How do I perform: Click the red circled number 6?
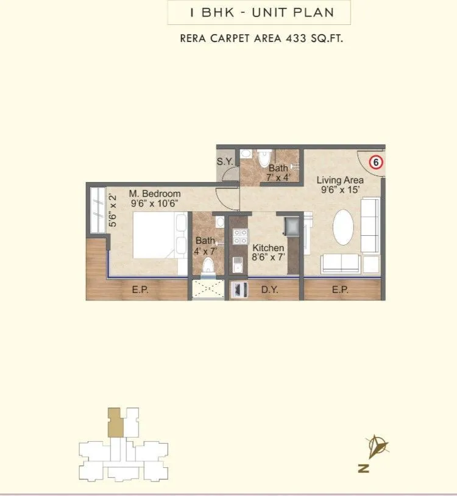pyautogui.click(x=376, y=162)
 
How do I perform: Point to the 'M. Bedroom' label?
pyautogui.click(x=154, y=194)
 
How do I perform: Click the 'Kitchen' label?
pyautogui.click(x=268, y=248)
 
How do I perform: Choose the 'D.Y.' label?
pyautogui.click(x=269, y=290)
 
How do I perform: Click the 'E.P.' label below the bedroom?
pyautogui.click(x=140, y=290)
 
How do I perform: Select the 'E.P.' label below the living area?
pyautogui.click(x=340, y=290)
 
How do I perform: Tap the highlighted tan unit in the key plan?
pyautogui.click(x=115, y=422)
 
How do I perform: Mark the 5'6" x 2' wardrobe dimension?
pyautogui.click(x=112, y=210)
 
